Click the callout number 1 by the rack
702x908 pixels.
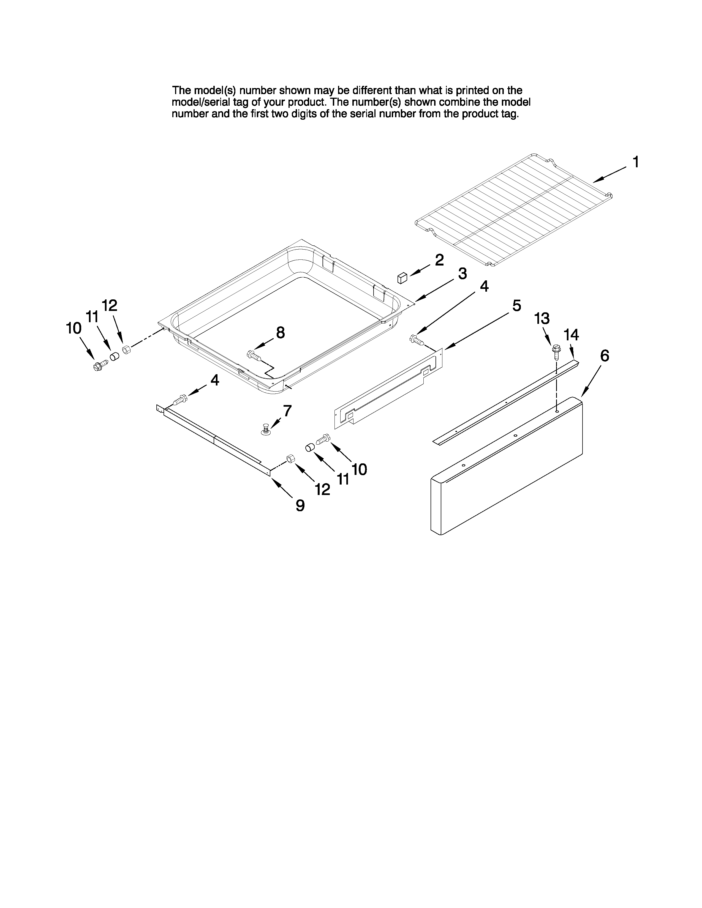(635, 162)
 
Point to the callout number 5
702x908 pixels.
(516, 306)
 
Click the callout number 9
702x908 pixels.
(300, 505)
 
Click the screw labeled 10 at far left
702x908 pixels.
(99, 366)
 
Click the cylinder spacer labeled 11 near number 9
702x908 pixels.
(309, 447)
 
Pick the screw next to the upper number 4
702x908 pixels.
(416, 340)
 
